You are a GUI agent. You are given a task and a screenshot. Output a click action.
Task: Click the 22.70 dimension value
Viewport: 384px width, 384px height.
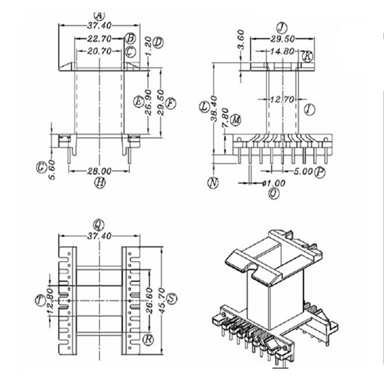click(99, 39)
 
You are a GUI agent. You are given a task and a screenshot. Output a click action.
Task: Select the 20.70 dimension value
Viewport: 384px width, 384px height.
click(99, 51)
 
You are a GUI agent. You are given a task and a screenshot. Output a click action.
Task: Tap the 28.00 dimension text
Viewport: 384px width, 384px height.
click(99, 171)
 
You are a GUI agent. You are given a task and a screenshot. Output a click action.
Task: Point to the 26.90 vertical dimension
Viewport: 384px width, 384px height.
click(148, 102)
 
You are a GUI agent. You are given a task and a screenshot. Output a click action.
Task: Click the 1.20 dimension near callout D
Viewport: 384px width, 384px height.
click(148, 46)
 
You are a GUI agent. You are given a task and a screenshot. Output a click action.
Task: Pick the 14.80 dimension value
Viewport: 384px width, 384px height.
click(282, 51)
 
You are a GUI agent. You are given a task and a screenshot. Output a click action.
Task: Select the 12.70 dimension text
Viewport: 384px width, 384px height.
click(282, 100)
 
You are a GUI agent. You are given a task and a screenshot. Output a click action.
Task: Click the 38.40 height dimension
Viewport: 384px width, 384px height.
click(214, 109)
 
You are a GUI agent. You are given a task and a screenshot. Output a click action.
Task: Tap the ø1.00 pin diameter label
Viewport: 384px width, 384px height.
click(273, 183)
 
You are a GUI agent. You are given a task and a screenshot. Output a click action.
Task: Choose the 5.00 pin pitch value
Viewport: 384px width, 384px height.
click(303, 171)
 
